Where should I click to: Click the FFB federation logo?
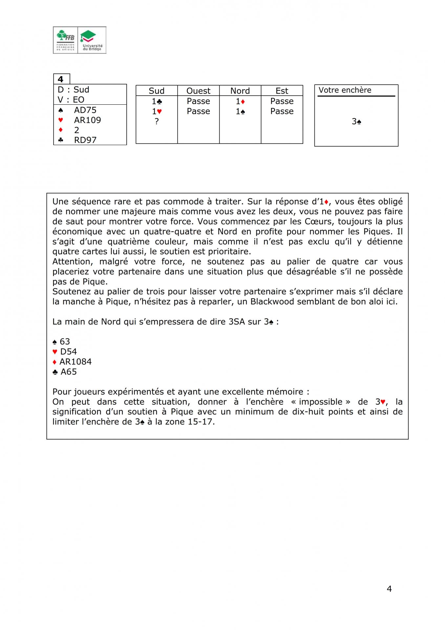pos(66,40)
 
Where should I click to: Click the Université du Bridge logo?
pos(92,40)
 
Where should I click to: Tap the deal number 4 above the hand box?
pos(61,79)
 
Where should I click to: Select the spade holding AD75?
pos(85,110)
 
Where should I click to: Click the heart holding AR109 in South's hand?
pos(87,120)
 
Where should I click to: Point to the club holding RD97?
pos(85,140)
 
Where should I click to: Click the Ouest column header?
pos(198,91)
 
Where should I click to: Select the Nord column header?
pos(240,91)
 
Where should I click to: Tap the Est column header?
pos(282,91)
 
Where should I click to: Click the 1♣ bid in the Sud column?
pos(157,101)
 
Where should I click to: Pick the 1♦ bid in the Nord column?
pos(240,101)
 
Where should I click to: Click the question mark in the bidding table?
pos(157,121)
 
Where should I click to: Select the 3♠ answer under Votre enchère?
pos(356,122)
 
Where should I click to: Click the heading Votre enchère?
pos(345,90)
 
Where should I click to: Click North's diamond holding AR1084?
pos(75,362)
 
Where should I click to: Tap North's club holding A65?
pos(68,372)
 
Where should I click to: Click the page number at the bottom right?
pos(389,589)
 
